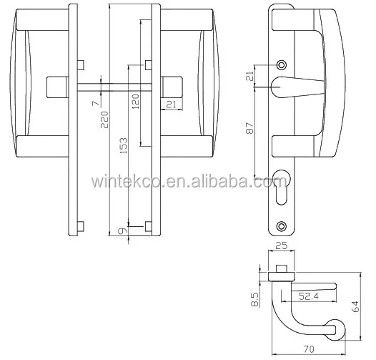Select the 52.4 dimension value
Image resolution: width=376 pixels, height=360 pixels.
coord(309,294)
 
